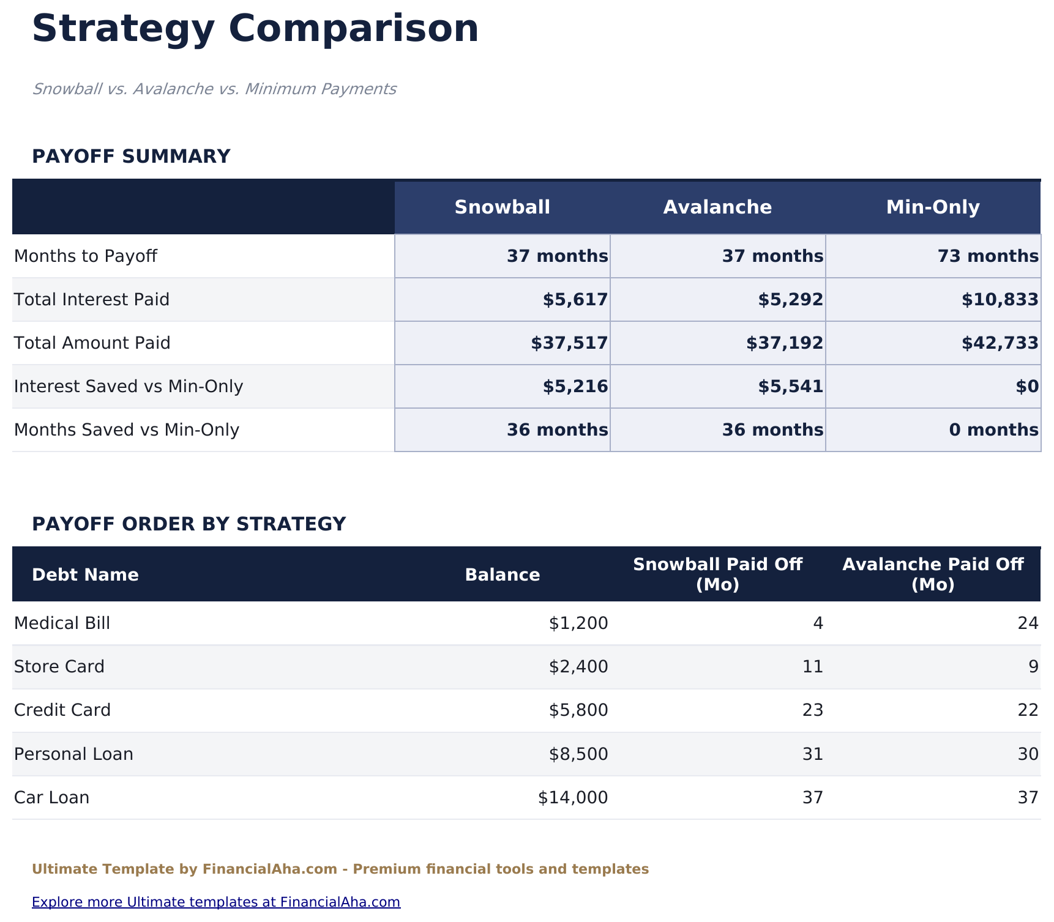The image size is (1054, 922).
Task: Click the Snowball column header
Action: (x=502, y=207)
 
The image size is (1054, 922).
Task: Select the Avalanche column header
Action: (x=717, y=207)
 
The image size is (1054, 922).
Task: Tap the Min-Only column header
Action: (x=933, y=207)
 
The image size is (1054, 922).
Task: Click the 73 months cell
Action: (x=987, y=256)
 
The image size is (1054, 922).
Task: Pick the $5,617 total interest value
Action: (x=575, y=300)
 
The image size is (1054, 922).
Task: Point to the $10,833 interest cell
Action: (x=1000, y=300)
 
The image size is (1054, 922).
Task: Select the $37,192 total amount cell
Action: (x=784, y=343)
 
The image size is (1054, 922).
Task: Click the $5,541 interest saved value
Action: (x=790, y=387)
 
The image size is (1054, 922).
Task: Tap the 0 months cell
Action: (x=993, y=430)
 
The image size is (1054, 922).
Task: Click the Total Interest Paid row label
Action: (x=92, y=300)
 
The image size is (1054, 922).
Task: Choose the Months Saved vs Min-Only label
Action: (x=127, y=430)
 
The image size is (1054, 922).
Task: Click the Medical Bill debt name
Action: (x=62, y=623)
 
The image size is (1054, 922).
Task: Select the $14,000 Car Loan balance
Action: (x=573, y=798)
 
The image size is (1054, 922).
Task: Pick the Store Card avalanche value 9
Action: (x=1033, y=667)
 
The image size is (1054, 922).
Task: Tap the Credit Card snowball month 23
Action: (x=812, y=710)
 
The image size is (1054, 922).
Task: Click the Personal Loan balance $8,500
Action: (x=578, y=754)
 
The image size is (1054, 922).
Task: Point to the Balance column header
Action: (x=502, y=575)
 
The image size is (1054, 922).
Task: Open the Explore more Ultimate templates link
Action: (x=216, y=902)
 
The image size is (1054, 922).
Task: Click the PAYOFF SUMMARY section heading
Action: (x=131, y=157)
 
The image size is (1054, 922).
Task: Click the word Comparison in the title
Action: (x=353, y=29)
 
